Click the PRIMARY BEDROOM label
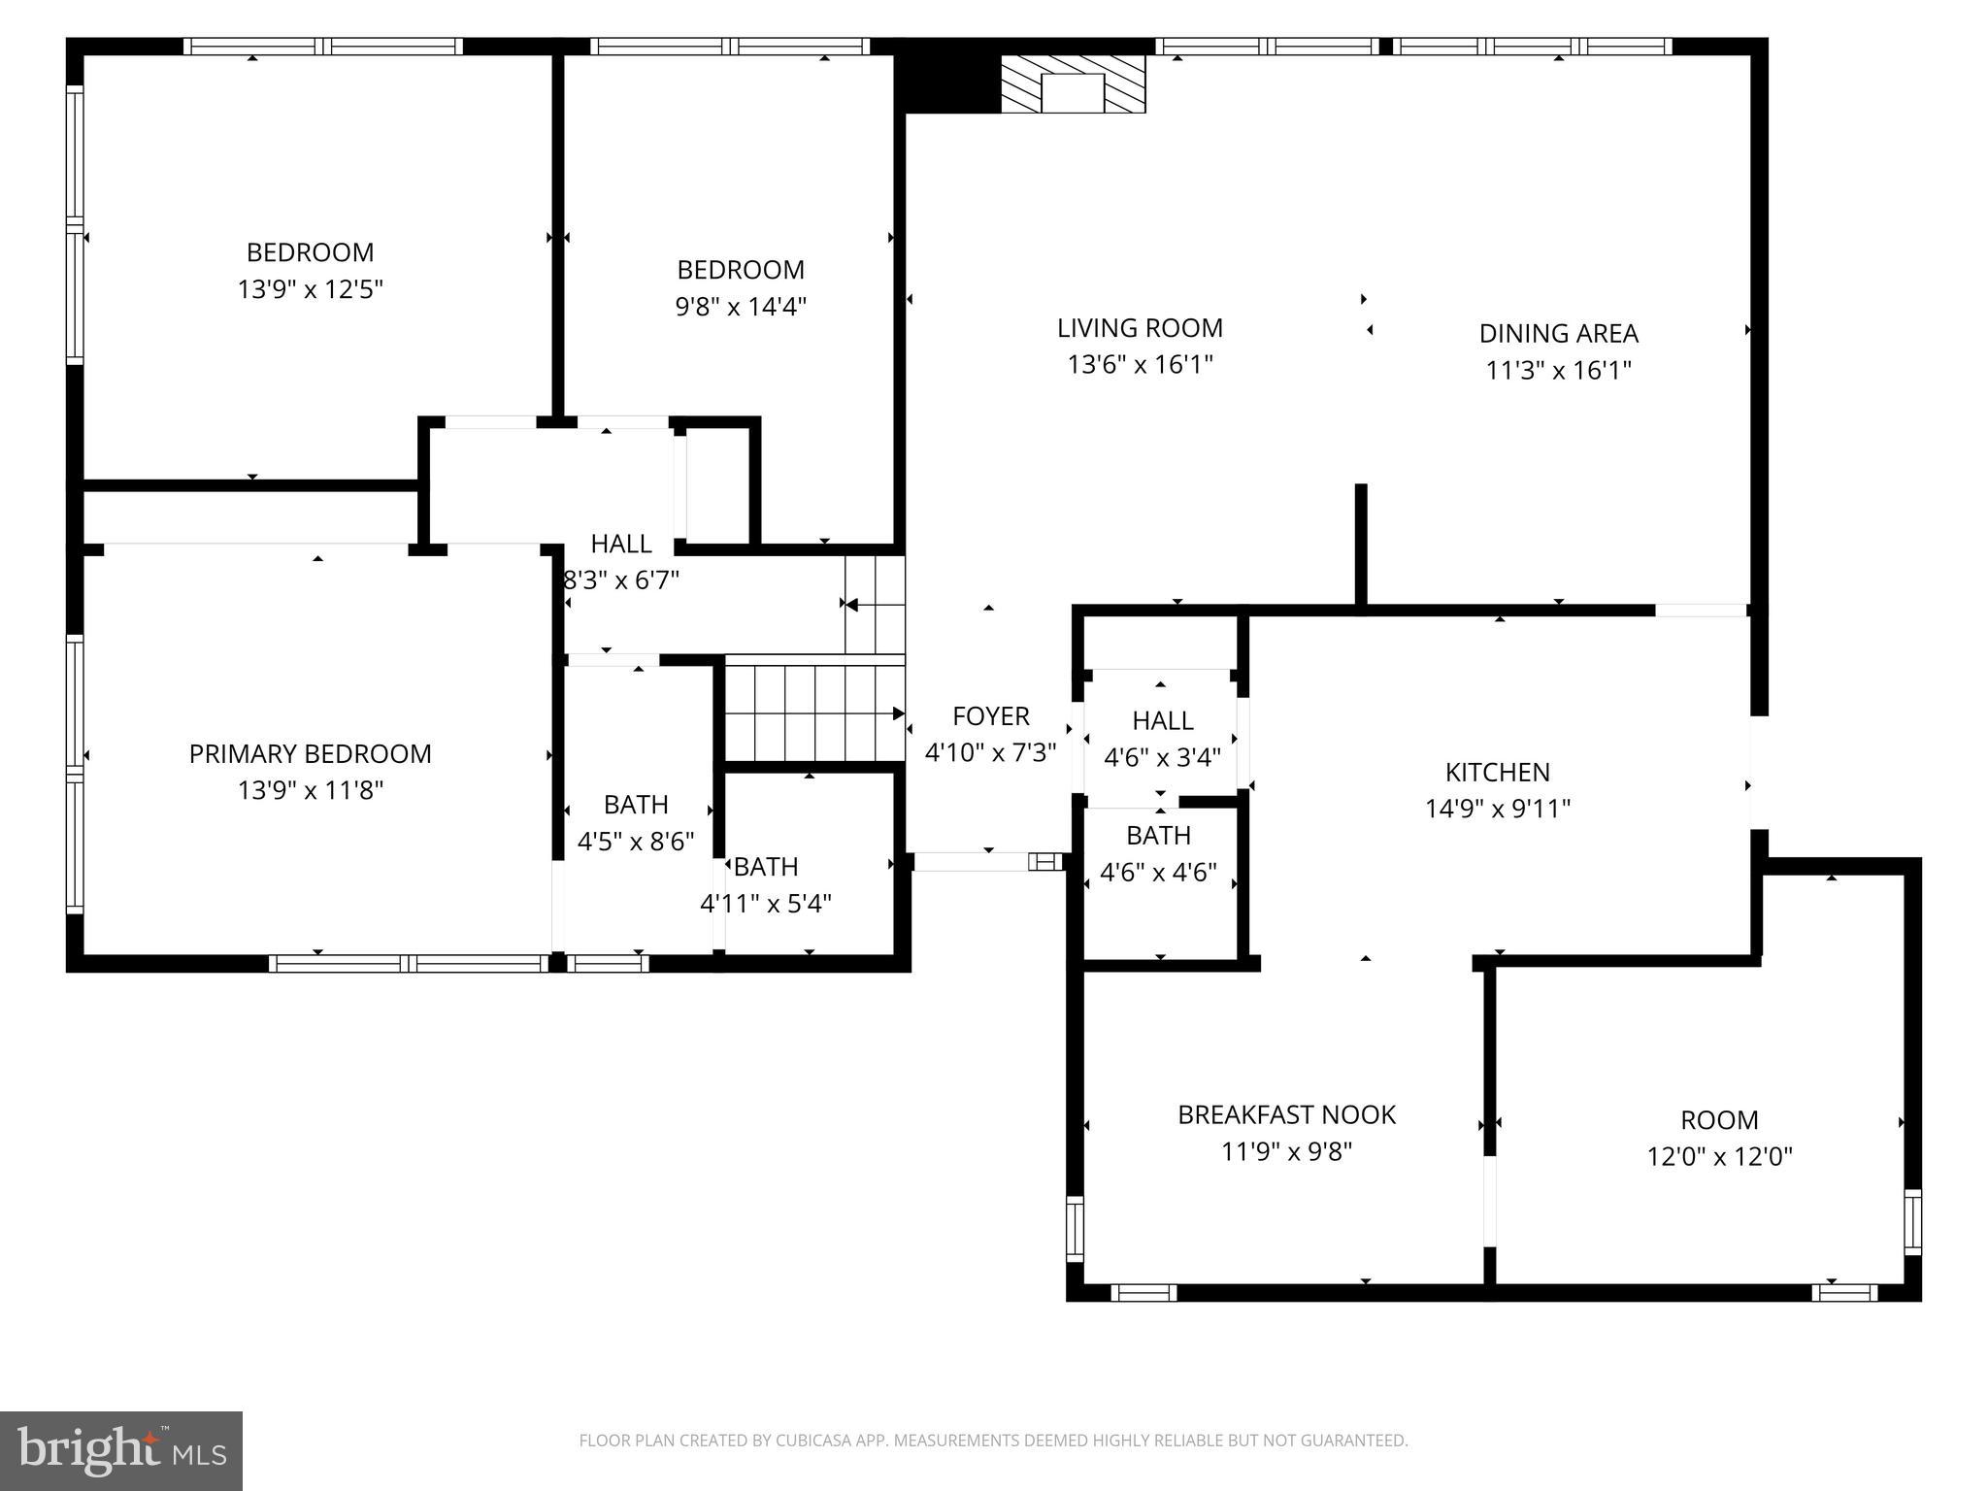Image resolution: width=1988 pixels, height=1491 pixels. tap(310, 754)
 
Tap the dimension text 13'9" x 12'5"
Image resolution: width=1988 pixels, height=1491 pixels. tap(310, 289)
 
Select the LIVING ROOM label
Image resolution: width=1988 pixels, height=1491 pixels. tap(1140, 328)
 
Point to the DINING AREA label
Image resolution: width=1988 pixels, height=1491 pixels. tap(1558, 334)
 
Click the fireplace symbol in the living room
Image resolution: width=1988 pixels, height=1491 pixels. tap(1073, 85)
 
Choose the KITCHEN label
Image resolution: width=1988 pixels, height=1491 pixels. tap(1497, 773)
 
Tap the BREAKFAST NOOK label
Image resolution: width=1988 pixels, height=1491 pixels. tap(1286, 1115)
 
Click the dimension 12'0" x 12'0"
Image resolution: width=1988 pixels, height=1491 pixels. tap(1719, 1157)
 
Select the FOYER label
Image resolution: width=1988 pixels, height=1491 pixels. tap(990, 716)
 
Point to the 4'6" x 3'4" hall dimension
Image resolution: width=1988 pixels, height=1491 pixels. tap(1162, 757)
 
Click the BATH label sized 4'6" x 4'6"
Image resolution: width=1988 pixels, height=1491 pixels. tap(1158, 836)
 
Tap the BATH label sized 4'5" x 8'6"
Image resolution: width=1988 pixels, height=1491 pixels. tap(636, 805)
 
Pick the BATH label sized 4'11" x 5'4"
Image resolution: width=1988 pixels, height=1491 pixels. tap(766, 867)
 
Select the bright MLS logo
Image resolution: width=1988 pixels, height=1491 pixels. tap(121, 1450)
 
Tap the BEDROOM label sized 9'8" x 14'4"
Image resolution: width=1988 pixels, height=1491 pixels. tap(741, 270)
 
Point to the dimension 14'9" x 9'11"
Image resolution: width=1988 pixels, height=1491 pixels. tap(1497, 809)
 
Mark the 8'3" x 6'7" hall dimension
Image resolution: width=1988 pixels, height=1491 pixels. tap(622, 580)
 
